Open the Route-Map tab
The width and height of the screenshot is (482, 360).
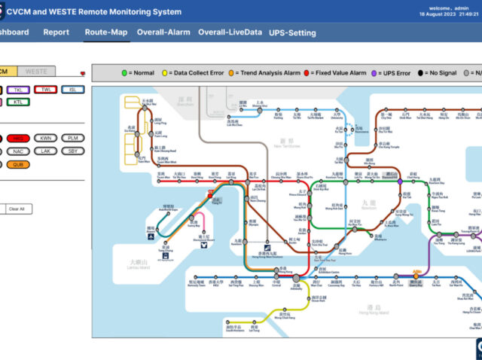(105, 32)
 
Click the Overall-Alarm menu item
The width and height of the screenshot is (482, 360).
(163, 32)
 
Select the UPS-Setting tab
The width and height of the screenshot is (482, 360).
(292, 32)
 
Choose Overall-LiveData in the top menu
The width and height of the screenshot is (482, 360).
(230, 32)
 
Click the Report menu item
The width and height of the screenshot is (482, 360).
(56, 32)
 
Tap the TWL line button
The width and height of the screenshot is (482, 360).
(47, 90)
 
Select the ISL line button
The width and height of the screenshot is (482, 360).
(72, 90)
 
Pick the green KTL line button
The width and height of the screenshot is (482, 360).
(17, 102)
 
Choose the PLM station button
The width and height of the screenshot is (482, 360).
(72, 139)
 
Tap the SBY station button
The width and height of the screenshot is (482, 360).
(72, 151)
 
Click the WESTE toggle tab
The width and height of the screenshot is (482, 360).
(35, 72)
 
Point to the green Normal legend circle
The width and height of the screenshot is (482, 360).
(124, 73)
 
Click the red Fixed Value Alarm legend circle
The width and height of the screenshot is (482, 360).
(307, 73)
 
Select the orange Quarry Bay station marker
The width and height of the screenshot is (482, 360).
(416, 276)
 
